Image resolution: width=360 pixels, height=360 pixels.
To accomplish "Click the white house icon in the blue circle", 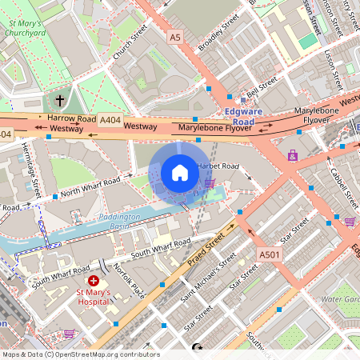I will pyautogui.click(x=180, y=173).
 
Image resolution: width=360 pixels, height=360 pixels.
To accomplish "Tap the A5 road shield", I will pyautogui.click(x=175, y=37).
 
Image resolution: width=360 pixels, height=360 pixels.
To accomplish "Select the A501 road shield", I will pyautogui.click(x=270, y=254).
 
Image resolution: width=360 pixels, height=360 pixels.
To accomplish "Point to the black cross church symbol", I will pyautogui.click(x=60, y=101).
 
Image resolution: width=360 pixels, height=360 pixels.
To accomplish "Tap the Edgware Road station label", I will pyautogui.click(x=239, y=117).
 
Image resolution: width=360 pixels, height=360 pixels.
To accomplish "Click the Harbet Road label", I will pyautogui.click(x=218, y=166).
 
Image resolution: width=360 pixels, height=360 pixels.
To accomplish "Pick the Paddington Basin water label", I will pyautogui.click(x=119, y=222).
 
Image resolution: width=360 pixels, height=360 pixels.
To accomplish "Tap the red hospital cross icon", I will pyautogui.click(x=94, y=281).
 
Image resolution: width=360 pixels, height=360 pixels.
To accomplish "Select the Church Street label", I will pyautogui.click(x=130, y=44).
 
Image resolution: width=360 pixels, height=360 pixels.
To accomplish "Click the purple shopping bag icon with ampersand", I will pyautogui.click(x=293, y=155).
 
